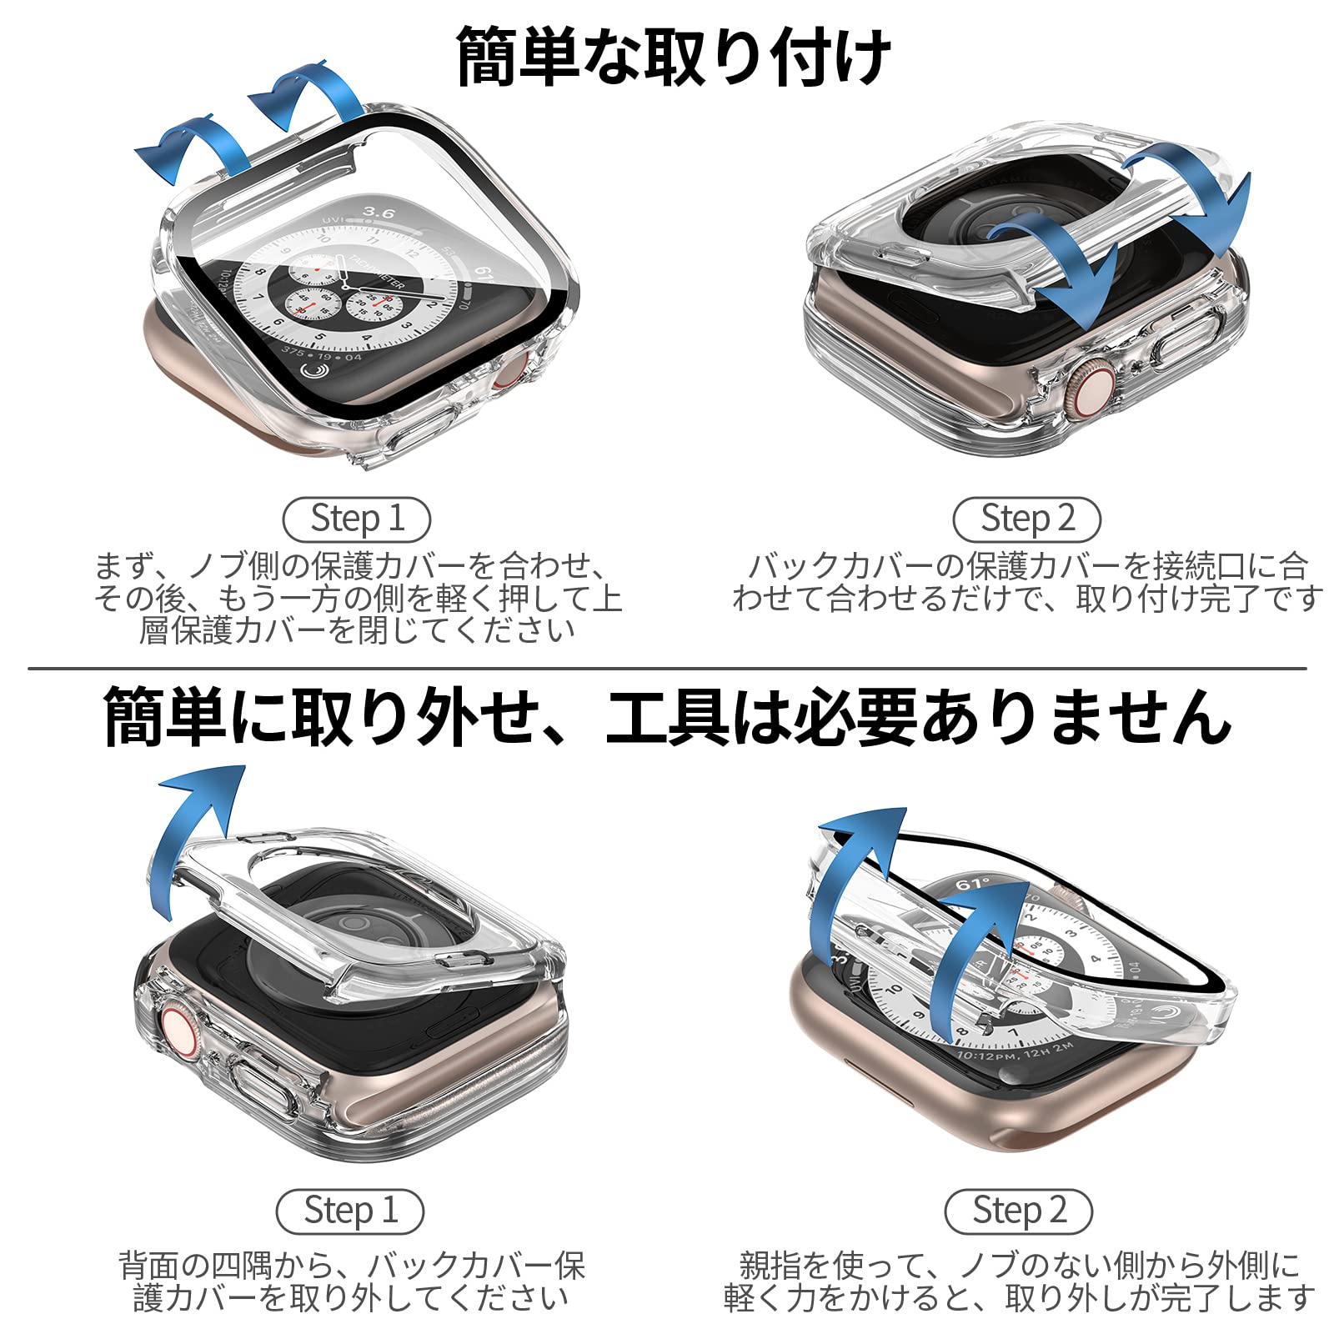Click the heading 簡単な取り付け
(674, 57)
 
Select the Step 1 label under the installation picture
(357, 519)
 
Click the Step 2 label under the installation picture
(1027, 519)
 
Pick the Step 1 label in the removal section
(350, 1211)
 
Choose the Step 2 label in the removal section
(1019, 1211)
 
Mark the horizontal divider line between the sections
(667, 668)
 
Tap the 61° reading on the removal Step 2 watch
(971, 884)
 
